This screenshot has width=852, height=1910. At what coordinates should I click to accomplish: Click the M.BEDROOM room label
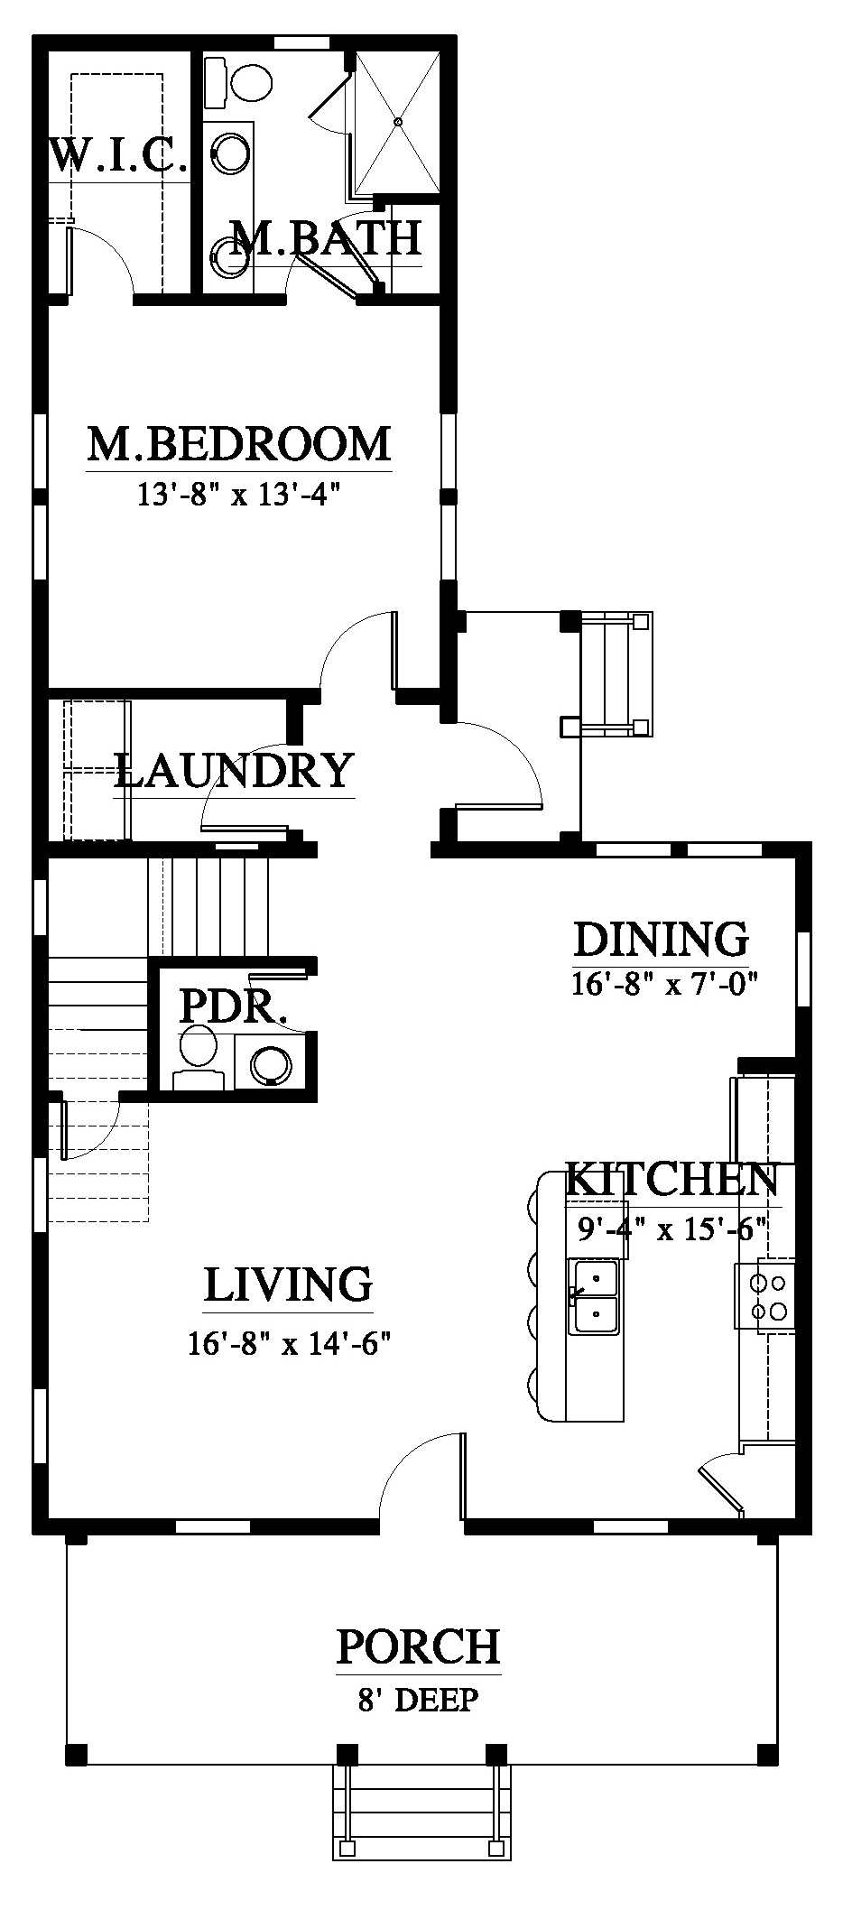point(239,444)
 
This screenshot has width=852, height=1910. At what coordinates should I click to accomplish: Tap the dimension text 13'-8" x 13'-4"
point(242,496)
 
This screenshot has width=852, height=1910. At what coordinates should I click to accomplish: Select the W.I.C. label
point(118,154)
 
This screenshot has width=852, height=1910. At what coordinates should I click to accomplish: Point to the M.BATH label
point(326,237)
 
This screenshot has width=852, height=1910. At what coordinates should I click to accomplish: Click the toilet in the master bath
point(240,79)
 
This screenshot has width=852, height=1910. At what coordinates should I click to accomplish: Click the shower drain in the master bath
point(398,121)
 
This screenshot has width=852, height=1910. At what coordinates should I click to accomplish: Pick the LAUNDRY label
point(234,770)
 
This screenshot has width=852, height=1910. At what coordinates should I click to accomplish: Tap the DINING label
point(662,939)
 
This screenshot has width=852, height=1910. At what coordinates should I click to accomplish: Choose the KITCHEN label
point(672,1179)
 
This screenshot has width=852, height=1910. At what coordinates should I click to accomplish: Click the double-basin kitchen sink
point(593,1297)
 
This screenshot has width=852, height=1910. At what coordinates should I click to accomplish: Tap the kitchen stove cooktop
point(765,1297)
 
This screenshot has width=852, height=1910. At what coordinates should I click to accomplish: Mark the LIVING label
point(288,1284)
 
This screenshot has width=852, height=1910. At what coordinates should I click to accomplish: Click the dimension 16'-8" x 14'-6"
point(289,1344)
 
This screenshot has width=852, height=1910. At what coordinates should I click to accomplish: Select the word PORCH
point(418,1646)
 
